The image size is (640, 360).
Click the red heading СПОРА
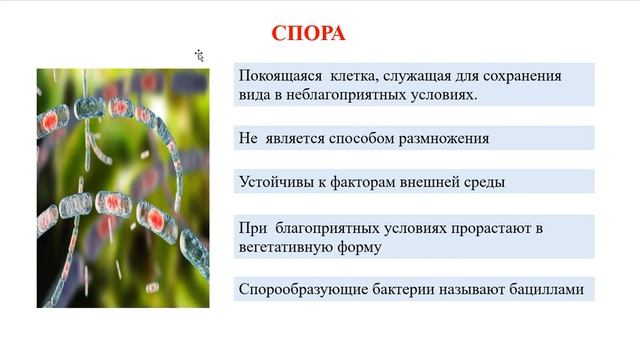pyautogui.click(x=308, y=33)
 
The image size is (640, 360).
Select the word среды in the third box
pyautogui.click(x=484, y=182)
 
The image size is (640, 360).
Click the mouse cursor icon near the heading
pyautogui.click(x=200, y=55)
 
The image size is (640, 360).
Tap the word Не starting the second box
pyautogui.click(x=250, y=138)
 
